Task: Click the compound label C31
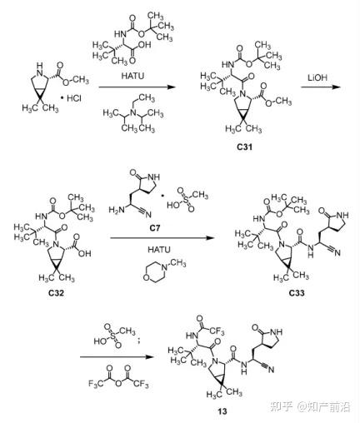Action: tap(244, 147)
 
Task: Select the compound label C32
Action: tap(56, 293)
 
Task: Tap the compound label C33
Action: tap(297, 293)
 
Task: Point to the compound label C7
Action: tap(155, 228)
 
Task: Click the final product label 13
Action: tap(222, 411)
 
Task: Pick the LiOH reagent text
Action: tap(317, 77)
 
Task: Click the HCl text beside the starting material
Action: tap(74, 98)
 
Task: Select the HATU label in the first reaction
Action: tap(132, 76)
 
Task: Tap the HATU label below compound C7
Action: tap(159, 250)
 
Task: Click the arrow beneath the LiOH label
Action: tap(320, 87)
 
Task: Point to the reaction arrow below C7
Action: tap(162, 238)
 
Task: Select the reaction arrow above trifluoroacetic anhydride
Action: tap(117, 356)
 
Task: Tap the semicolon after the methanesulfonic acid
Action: tap(139, 341)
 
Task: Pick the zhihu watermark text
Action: tap(310, 407)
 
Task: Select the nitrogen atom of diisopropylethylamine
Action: tap(132, 112)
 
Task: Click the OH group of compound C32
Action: tap(85, 253)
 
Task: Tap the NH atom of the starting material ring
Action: tap(40, 69)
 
